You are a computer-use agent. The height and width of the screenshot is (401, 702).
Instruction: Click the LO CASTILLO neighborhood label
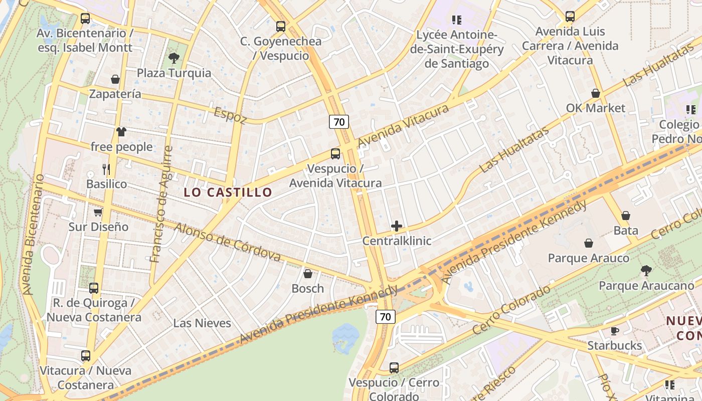coord(228,192)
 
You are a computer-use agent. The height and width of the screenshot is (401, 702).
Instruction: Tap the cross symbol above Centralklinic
coord(397,226)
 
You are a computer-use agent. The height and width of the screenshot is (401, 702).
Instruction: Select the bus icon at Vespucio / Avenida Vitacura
coord(335,154)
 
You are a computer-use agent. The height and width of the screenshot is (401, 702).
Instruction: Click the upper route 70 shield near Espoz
coord(339,122)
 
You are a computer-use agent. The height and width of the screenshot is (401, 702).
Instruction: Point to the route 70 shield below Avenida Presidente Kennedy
coord(385,317)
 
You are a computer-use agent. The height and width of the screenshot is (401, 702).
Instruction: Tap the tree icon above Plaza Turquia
coord(174,58)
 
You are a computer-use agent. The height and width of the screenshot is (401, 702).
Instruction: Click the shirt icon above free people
coord(121,132)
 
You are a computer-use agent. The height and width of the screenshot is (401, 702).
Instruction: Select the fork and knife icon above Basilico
coord(106,169)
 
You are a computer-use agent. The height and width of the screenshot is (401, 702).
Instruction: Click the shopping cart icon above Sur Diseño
coord(98,212)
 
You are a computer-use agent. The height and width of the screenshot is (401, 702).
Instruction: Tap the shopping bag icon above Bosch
coord(308,274)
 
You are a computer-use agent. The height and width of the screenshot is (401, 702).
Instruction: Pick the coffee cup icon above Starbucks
coord(614,331)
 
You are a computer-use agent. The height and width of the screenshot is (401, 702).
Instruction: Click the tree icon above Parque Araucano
coord(646,271)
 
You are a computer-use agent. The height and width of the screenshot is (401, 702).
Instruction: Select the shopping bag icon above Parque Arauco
coord(589,243)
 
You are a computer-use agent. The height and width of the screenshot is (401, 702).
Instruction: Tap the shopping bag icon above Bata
coord(626,216)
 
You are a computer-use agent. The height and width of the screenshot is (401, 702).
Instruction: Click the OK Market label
coord(596,108)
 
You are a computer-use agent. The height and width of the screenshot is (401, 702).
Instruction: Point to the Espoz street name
coord(230,115)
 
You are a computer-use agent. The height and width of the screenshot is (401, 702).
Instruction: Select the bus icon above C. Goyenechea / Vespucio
coord(281,26)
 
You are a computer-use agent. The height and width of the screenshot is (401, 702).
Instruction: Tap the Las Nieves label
coord(202,323)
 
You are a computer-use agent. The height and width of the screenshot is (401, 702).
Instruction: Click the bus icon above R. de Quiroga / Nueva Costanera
coord(94,288)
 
